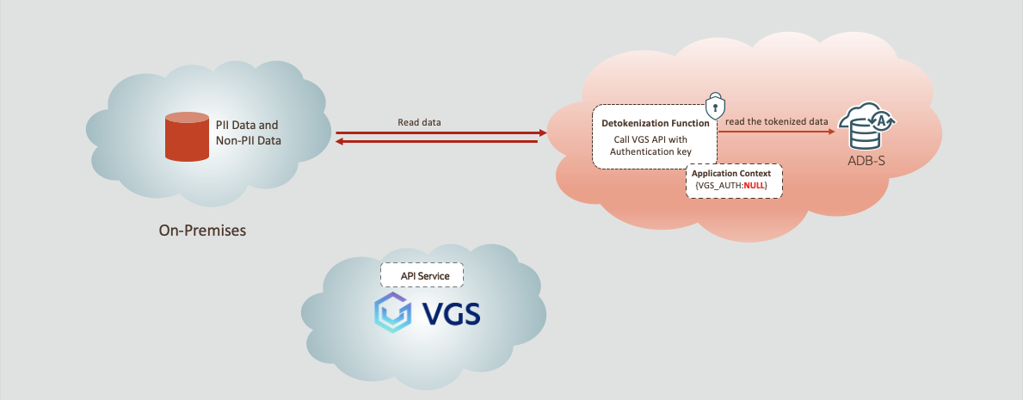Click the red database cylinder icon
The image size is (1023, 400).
point(187,137)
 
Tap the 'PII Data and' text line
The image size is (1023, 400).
point(247,125)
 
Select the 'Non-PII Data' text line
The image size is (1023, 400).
point(249,140)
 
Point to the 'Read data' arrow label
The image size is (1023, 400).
point(419,122)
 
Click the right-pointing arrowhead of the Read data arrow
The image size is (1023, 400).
point(542,133)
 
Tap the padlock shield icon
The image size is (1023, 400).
point(713,106)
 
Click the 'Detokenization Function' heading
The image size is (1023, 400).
point(656,123)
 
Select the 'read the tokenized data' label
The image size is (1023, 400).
point(776,122)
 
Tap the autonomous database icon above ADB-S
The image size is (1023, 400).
point(867,127)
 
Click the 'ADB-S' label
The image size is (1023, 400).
point(867,161)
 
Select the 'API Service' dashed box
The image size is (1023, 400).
point(422,275)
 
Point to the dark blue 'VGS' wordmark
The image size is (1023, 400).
point(452,314)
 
